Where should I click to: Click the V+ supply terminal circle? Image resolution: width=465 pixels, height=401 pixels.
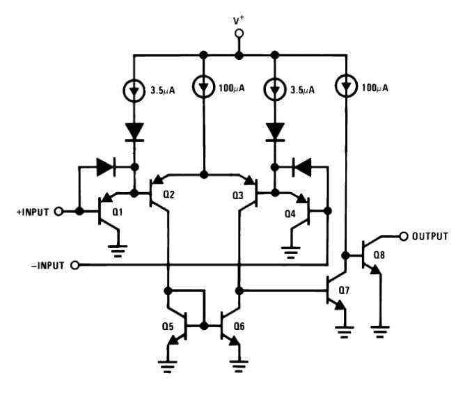pyautogui.click(x=239, y=33)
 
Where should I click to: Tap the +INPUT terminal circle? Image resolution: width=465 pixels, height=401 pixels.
pyautogui.click(x=58, y=212)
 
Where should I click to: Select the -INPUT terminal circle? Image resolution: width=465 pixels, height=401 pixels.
pyautogui.click(x=75, y=265)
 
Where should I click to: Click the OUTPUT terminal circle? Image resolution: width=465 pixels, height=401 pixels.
pyautogui.click(x=403, y=237)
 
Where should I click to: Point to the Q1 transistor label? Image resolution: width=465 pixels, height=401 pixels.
pyautogui.click(x=118, y=212)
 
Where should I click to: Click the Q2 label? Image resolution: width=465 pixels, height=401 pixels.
pyautogui.click(x=168, y=194)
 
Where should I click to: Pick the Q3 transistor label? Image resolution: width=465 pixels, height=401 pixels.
pyautogui.click(x=238, y=196)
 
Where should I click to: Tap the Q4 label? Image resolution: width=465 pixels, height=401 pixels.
pyautogui.click(x=290, y=214)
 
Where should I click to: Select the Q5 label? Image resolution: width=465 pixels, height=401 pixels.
pyautogui.click(x=168, y=327)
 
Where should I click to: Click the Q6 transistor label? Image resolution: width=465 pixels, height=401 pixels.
pyautogui.click(x=239, y=327)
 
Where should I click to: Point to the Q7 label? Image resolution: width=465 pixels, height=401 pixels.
pyautogui.click(x=344, y=290)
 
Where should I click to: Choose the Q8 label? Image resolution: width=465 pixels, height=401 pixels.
pyautogui.click(x=379, y=255)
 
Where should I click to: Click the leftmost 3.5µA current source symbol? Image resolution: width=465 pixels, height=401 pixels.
pyautogui.click(x=134, y=91)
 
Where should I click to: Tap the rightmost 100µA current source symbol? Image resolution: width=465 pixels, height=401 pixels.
pyautogui.click(x=346, y=86)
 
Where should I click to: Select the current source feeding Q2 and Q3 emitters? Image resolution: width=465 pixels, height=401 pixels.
pyautogui.click(x=203, y=86)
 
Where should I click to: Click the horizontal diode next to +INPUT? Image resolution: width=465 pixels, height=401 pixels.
pyautogui.click(x=106, y=167)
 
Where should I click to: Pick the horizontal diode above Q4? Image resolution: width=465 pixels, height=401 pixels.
pyautogui.click(x=301, y=167)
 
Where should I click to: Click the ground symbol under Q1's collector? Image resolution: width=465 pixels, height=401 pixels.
pyautogui.click(x=118, y=251)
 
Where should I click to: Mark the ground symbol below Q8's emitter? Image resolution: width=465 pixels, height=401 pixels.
pyautogui.click(x=380, y=332)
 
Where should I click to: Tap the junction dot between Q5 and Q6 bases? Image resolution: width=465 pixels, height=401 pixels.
pyautogui.click(x=204, y=326)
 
